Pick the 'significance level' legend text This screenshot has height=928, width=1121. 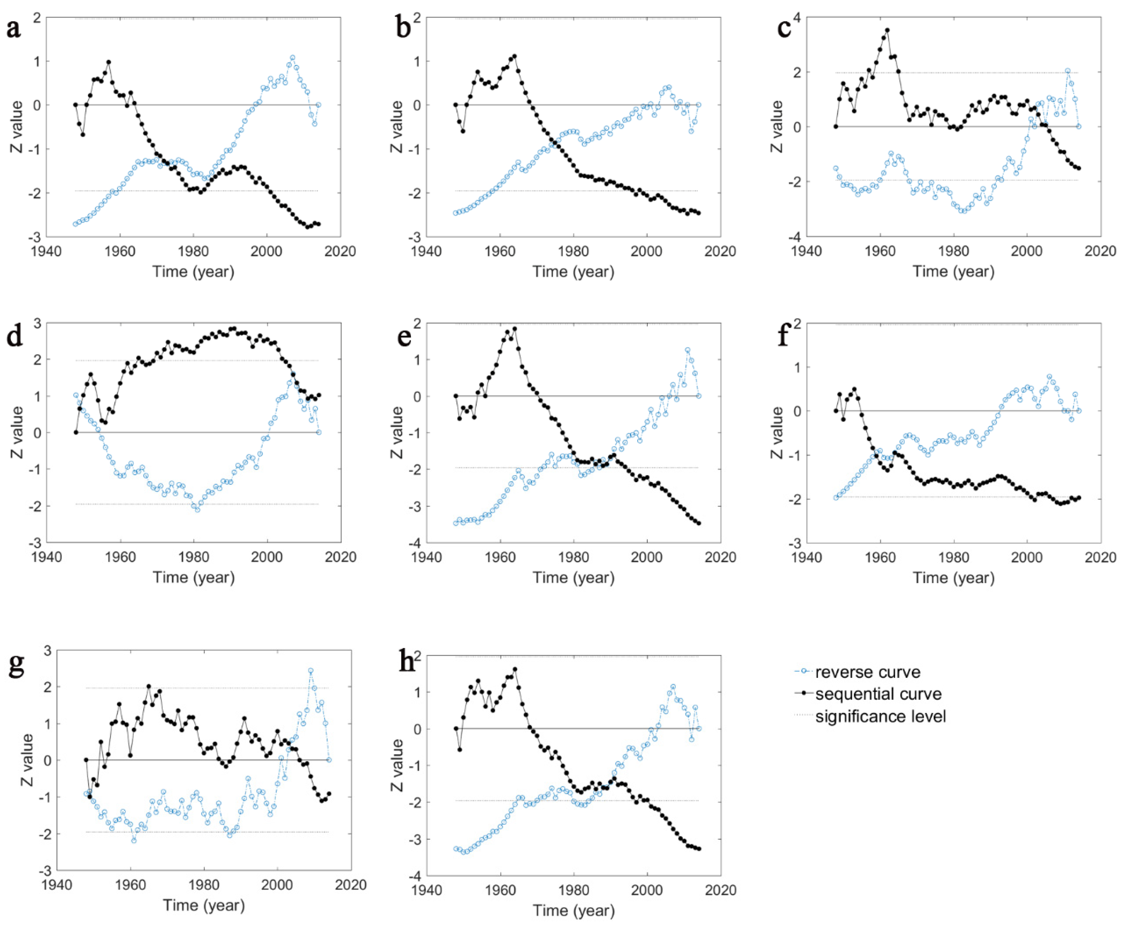click(x=881, y=716)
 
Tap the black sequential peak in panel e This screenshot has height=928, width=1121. click(x=515, y=329)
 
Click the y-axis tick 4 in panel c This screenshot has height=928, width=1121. click(x=797, y=18)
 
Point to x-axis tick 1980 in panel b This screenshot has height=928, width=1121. click(x=573, y=251)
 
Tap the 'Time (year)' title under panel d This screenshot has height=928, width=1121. click(x=194, y=577)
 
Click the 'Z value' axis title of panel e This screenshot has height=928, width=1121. click(x=397, y=432)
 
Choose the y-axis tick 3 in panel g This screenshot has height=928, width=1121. click(x=48, y=651)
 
